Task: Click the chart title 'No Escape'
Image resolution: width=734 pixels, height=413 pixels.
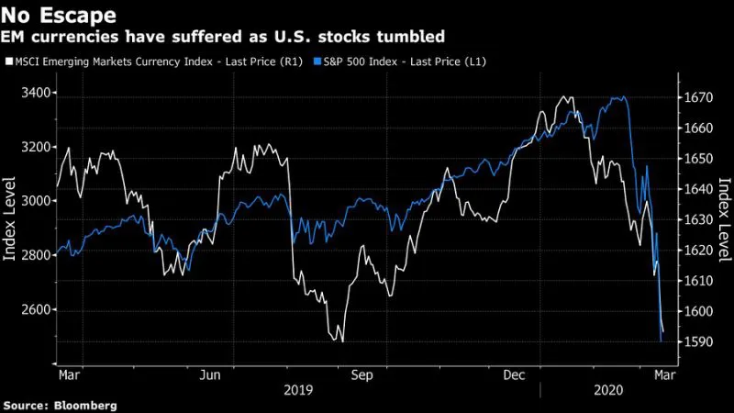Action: click(58, 15)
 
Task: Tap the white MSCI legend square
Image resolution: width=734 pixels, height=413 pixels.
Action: click(9, 61)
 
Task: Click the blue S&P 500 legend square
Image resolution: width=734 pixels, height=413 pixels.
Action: click(317, 61)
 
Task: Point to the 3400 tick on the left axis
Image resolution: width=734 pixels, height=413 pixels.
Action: click(36, 93)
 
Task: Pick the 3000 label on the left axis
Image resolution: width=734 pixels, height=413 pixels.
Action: click(36, 201)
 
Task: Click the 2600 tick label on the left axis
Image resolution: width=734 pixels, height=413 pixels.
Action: click(36, 309)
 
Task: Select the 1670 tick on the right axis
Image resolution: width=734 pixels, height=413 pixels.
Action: click(698, 97)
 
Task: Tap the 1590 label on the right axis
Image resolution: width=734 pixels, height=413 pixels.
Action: click(698, 341)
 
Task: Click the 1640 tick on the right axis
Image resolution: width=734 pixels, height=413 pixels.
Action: click(698, 189)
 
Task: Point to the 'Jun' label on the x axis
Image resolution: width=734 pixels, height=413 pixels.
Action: click(210, 375)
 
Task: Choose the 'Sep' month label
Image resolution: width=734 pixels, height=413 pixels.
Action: click(362, 375)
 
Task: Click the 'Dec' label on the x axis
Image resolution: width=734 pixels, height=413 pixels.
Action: click(514, 375)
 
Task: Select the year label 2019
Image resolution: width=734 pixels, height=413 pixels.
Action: click(298, 390)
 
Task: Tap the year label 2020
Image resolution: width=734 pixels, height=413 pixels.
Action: click(608, 390)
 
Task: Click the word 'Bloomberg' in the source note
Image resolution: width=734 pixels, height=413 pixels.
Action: click(85, 406)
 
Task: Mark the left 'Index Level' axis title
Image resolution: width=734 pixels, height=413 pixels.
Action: click(9, 218)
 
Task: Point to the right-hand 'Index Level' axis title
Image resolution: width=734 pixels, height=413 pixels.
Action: click(725, 219)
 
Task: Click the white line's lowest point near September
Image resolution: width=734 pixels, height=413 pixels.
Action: click(342, 341)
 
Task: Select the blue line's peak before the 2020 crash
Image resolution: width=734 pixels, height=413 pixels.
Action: click(623, 97)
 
